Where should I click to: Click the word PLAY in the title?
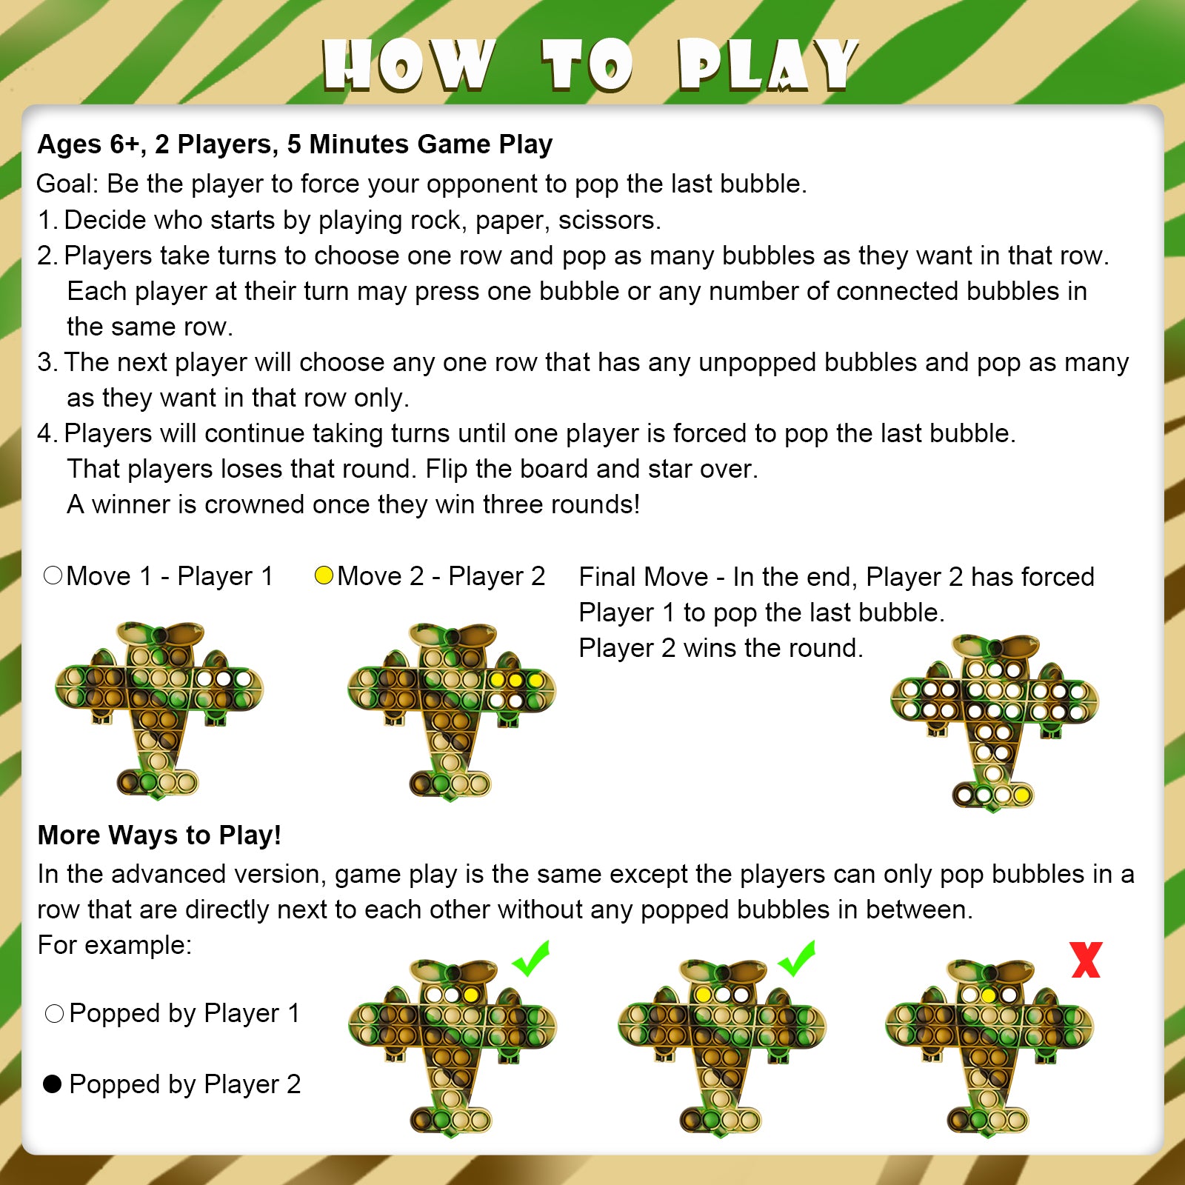click(769, 65)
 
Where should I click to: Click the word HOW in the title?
click(410, 65)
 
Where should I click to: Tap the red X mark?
click(1086, 960)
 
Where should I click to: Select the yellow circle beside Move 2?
click(324, 575)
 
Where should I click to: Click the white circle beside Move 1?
click(53, 575)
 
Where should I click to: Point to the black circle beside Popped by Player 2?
click(52, 1084)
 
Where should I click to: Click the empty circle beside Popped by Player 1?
click(54, 1013)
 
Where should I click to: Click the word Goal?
click(66, 184)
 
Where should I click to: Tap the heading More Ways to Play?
click(159, 835)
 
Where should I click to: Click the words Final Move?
click(644, 576)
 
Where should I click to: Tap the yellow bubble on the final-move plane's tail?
click(1021, 795)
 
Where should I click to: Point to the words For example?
click(115, 945)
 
